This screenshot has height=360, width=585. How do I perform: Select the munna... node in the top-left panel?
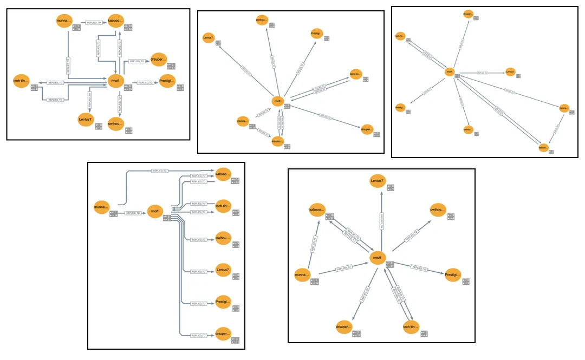64,22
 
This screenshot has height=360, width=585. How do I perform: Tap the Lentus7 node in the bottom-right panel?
378,182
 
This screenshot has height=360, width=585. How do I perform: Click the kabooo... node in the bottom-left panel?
223,174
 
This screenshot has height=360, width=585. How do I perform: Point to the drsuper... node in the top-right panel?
468,14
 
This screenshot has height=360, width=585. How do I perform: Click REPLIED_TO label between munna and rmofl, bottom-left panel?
133,213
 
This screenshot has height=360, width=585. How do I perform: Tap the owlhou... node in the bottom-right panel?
437,211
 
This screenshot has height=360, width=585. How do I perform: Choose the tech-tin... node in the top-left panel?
22,82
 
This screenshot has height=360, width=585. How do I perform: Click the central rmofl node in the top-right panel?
448,72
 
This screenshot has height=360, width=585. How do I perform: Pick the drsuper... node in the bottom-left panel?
223,332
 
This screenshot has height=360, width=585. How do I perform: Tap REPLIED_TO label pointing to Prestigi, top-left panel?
145,82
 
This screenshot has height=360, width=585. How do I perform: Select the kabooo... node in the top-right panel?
543,147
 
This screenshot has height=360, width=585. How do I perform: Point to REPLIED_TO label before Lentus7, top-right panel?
483,72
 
